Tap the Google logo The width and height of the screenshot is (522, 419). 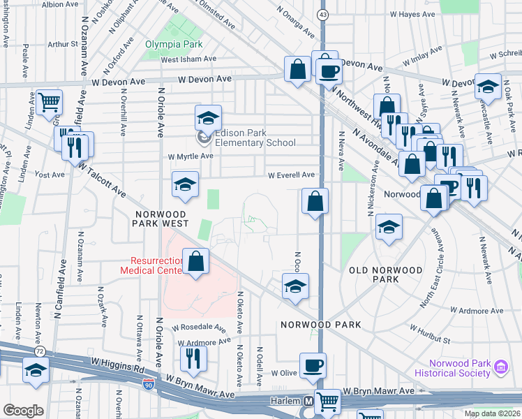point(23,410)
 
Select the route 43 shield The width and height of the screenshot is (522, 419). point(322,15)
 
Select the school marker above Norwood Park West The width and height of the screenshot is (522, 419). point(185,184)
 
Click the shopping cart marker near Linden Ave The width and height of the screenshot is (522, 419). point(50,103)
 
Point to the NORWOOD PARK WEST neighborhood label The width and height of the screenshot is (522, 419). point(160,218)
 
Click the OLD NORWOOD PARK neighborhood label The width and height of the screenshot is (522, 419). point(386,274)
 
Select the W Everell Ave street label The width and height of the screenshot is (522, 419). point(290,175)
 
